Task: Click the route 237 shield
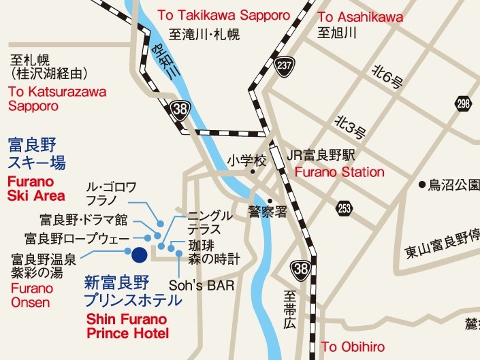point(285,65)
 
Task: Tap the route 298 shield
point(463,104)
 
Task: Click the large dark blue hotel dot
point(139,255)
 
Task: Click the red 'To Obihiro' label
point(348,347)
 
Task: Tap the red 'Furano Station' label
point(339,172)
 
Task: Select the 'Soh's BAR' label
point(201,286)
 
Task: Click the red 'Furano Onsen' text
point(31,295)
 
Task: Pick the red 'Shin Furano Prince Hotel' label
point(128,327)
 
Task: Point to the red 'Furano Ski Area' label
point(36,189)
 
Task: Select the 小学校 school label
point(246,161)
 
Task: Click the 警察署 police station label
point(268,212)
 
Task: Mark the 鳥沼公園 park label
point(453,184)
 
